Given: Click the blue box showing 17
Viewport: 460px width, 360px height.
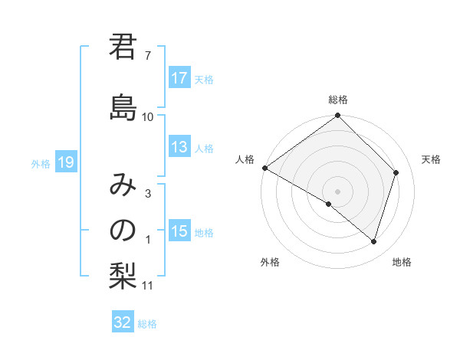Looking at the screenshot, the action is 179,78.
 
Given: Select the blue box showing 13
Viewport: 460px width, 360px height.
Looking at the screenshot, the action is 179,148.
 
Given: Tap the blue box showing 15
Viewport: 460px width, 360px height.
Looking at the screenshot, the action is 179,231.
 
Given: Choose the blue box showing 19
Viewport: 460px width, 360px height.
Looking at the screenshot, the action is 65,162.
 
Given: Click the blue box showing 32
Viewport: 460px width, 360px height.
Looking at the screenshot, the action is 123,322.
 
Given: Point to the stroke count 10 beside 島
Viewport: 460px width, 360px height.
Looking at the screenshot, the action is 148,116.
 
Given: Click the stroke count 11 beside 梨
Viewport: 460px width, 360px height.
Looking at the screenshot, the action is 148,286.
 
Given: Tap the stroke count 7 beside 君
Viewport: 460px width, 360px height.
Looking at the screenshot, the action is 148,55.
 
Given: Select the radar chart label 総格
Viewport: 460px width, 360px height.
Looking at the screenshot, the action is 338,100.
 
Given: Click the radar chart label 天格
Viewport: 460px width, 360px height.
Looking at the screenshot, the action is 431,159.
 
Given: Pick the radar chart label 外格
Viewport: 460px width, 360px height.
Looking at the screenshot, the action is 270,263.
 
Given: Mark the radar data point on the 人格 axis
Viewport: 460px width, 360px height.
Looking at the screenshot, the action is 264,168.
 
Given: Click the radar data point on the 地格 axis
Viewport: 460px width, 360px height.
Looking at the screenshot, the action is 373,241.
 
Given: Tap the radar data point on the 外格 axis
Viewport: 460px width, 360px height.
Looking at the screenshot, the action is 329,204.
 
